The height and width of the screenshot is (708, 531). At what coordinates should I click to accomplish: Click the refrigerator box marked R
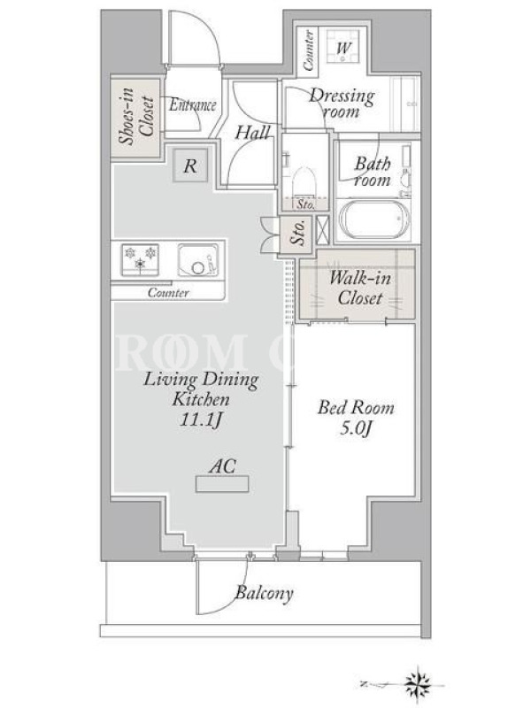190,165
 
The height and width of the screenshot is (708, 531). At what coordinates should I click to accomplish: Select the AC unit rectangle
222,483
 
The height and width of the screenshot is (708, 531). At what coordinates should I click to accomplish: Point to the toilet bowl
304,182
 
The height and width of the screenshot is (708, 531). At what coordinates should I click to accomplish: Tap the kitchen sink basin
198,259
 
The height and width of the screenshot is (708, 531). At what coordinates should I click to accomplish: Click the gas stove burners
140,259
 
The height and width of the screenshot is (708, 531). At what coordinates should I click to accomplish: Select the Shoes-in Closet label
136,117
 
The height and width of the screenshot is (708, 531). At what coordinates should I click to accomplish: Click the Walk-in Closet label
360,288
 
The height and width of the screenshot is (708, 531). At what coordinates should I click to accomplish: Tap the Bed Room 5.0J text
356,418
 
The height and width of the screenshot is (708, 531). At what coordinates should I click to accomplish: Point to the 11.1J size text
201,419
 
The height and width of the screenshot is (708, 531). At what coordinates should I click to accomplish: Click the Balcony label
264,593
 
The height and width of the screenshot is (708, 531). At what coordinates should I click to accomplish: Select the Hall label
252,132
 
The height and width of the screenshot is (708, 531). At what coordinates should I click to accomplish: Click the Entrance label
192,105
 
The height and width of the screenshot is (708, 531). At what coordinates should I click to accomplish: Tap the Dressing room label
342,104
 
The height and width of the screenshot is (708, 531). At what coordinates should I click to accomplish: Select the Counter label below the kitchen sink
168,292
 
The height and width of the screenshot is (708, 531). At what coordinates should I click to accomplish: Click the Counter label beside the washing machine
308,50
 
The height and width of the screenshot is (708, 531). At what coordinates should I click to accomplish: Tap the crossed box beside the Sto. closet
322,230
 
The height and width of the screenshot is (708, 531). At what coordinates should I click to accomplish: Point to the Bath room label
373,172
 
